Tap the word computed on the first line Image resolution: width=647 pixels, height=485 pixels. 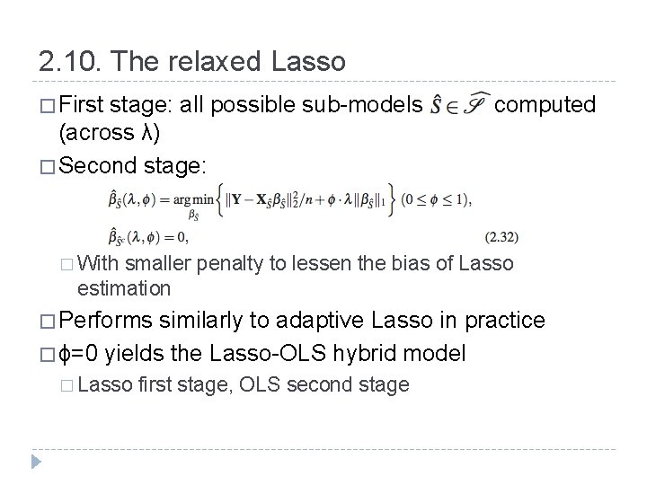pos(545,105)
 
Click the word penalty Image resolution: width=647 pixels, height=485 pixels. pos(226,263)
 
